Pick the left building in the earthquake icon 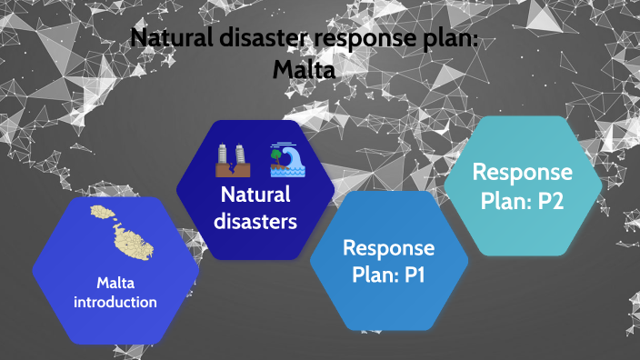222,155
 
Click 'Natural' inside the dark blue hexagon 255,195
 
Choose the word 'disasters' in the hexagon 255,221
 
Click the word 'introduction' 115,302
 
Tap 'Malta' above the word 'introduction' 115,282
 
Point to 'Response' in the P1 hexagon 388,248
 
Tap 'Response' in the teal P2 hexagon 523,173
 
